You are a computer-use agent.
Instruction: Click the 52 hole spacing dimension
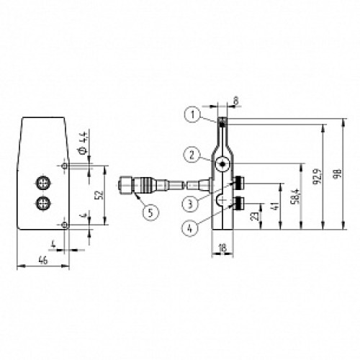[99, 194]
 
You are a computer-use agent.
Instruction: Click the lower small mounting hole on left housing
[66, 226]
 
